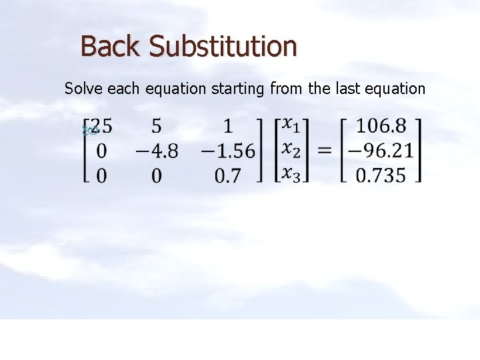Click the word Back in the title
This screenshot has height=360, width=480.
point(111,46)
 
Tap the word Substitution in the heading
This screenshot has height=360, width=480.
point(223,46)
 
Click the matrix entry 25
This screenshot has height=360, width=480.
point(102,125)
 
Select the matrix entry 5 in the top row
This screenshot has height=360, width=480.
point(157,125)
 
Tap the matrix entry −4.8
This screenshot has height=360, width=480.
point(157,151)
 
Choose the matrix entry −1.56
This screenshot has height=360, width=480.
point(228,151)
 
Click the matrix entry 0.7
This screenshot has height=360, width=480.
point(228,175)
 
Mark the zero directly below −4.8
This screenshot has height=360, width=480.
point(157,175)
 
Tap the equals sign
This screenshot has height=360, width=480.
point(325,151)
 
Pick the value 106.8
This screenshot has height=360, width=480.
point(381,125)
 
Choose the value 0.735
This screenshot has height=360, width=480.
point(381,175)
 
